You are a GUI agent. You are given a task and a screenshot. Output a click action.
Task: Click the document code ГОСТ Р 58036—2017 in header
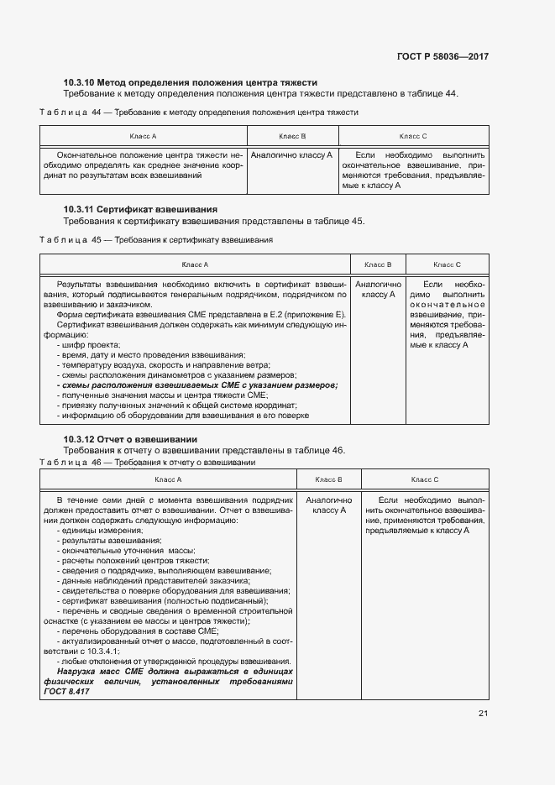[442, 57]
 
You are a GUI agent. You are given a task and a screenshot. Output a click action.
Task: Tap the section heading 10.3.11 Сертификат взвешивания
[140, 208]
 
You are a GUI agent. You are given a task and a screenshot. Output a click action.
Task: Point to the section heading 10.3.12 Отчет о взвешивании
[130, 439]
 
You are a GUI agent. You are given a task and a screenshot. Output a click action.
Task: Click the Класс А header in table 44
[143, 136]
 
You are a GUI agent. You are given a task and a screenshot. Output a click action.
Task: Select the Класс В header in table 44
[292, 136]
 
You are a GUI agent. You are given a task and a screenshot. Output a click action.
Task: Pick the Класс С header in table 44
[413, 136]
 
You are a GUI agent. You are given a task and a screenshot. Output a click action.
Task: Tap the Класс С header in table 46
[425, 479]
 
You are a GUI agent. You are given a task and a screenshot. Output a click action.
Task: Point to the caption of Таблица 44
[199, 112]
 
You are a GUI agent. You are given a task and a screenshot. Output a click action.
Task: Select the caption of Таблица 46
[148, 462]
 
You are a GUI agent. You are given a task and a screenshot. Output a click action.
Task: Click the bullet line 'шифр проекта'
[88, 345]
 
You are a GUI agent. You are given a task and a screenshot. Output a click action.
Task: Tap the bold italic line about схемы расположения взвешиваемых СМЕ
[196, 385]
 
